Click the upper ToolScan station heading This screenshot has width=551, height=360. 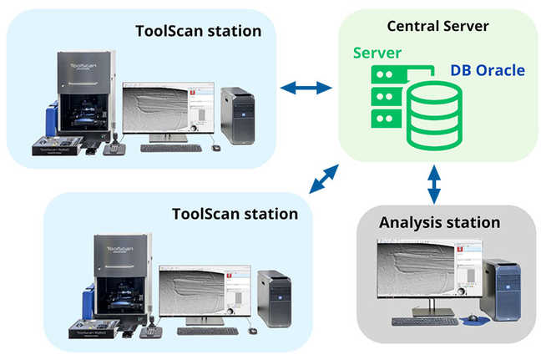(199, 32)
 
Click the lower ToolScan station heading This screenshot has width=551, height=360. (235, 214)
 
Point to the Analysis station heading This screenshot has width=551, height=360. (439, 223)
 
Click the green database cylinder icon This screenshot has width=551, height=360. (432, 116)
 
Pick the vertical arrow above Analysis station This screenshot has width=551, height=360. (434, 184)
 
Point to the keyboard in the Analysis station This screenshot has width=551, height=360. (425, 321)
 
